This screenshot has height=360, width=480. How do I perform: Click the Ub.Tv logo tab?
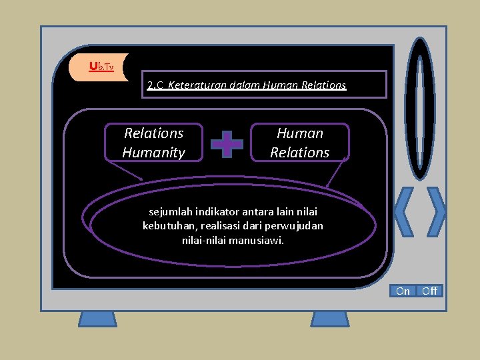tap(100, 67)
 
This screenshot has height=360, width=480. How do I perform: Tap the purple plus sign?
tap(227, 143)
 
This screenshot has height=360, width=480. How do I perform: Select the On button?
tap(403, 291)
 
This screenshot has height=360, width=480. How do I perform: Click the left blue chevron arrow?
tap(404, 211)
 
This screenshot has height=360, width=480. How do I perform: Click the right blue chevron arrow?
tap(436, 211)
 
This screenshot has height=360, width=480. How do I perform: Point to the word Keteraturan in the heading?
tap(196, 85)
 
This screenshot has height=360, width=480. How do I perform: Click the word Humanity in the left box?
tap(153, 153)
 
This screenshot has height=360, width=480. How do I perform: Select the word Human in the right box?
tap(300, 133)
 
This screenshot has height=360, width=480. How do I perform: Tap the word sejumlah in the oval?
tap(170, 212)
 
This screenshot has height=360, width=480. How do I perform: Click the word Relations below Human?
tap(300, 153)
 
